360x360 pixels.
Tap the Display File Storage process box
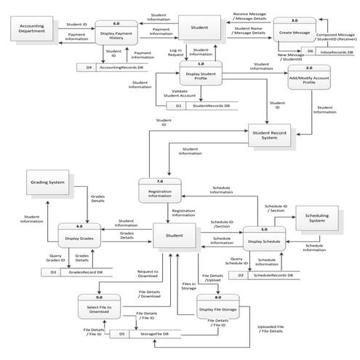(216, 306)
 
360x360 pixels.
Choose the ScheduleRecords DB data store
(269, 276)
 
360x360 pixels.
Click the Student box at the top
(201, 28)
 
